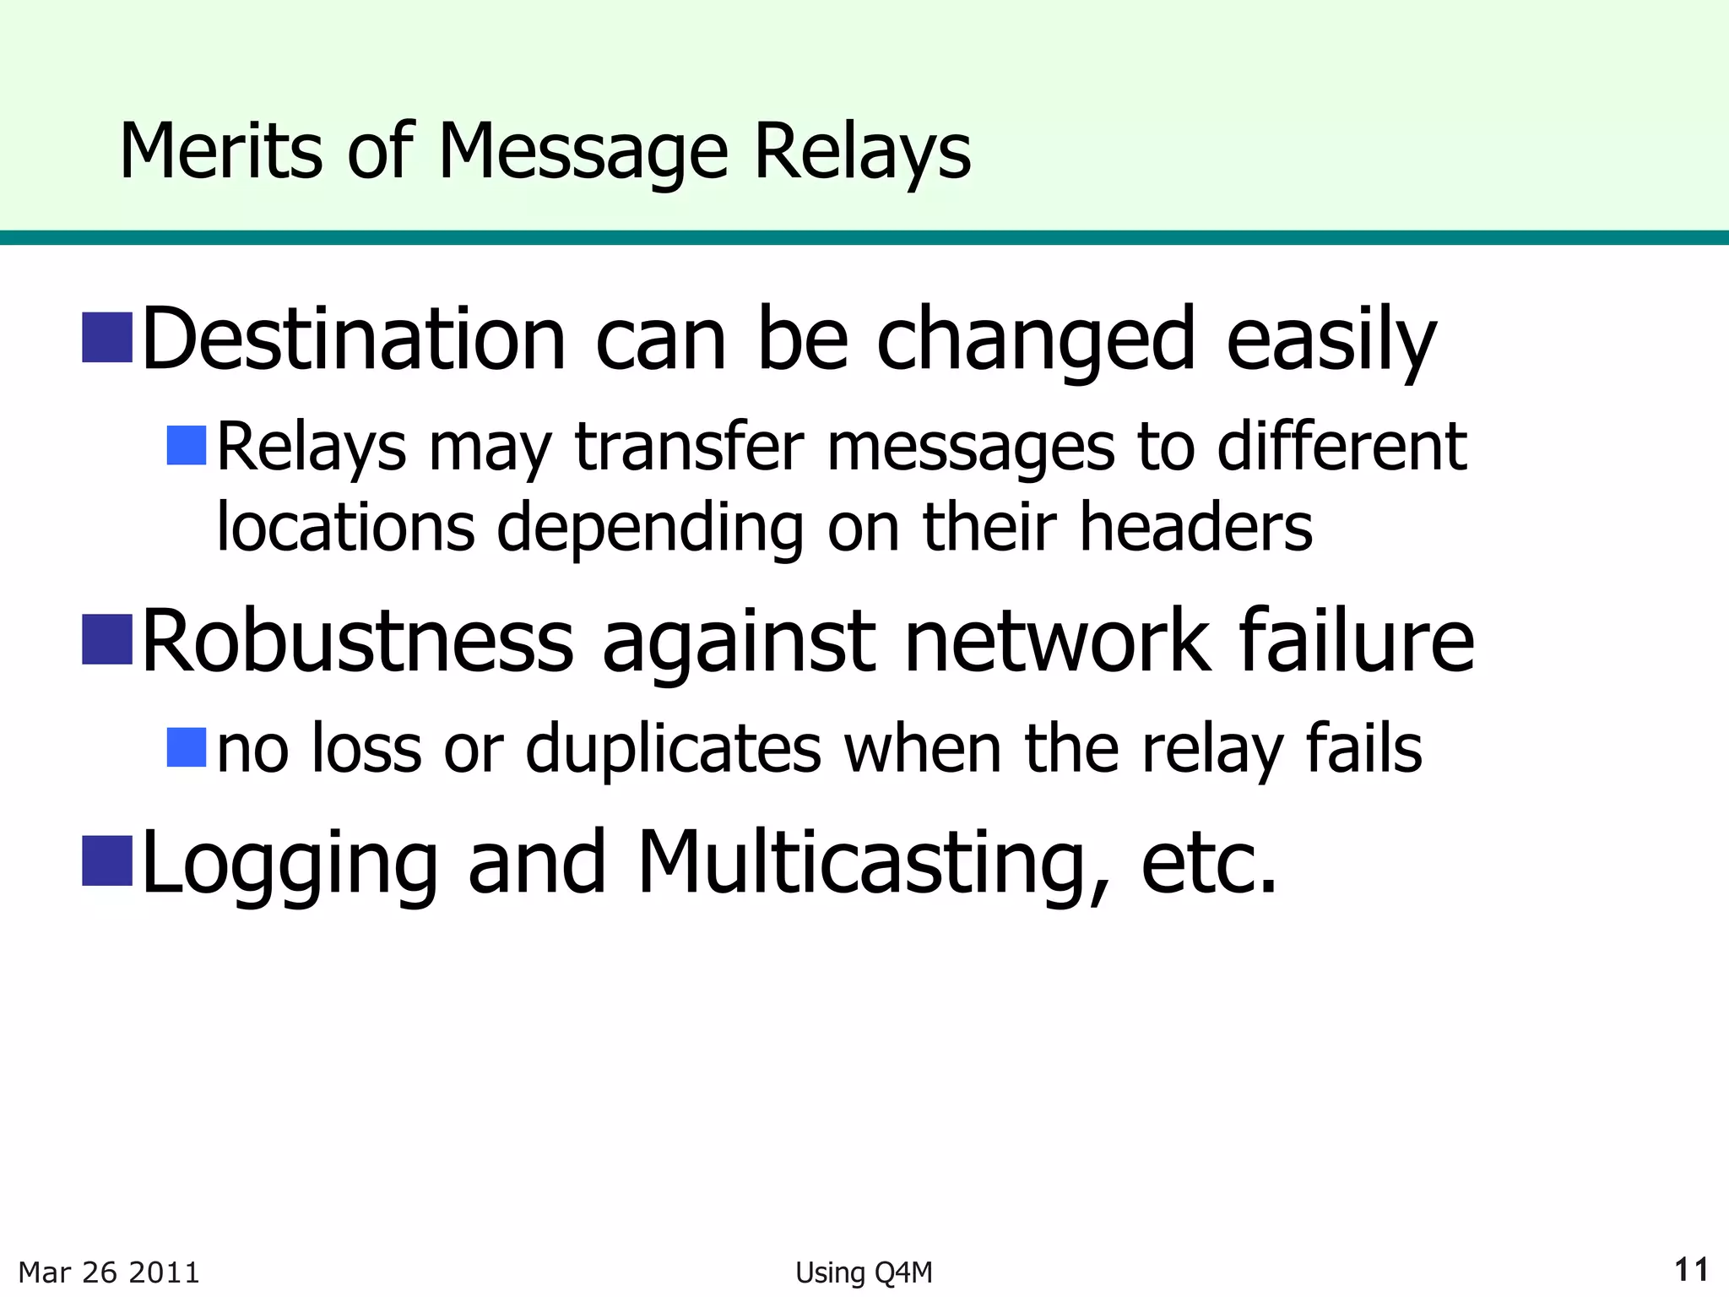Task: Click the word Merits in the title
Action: [x=220, y=152]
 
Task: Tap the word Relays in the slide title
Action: [x=861, y=152]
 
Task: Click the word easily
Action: [x=1331, y=339]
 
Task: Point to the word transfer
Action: [x=689, y=447]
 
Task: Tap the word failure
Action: [x=1357, y=642]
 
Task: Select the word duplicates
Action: [x=673, y=748]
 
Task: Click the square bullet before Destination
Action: [x=107, y=338]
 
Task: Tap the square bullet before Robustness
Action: [x=107, y=639]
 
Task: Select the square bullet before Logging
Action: [x=107, y=860]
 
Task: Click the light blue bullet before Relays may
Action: [x=187, y=446]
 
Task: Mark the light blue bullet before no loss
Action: [x=187, y=747]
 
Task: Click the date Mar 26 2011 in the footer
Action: [x=109, y=1272]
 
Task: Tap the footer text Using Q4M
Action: [x=864, y=1273]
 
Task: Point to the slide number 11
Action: [x=1691, y=1270]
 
